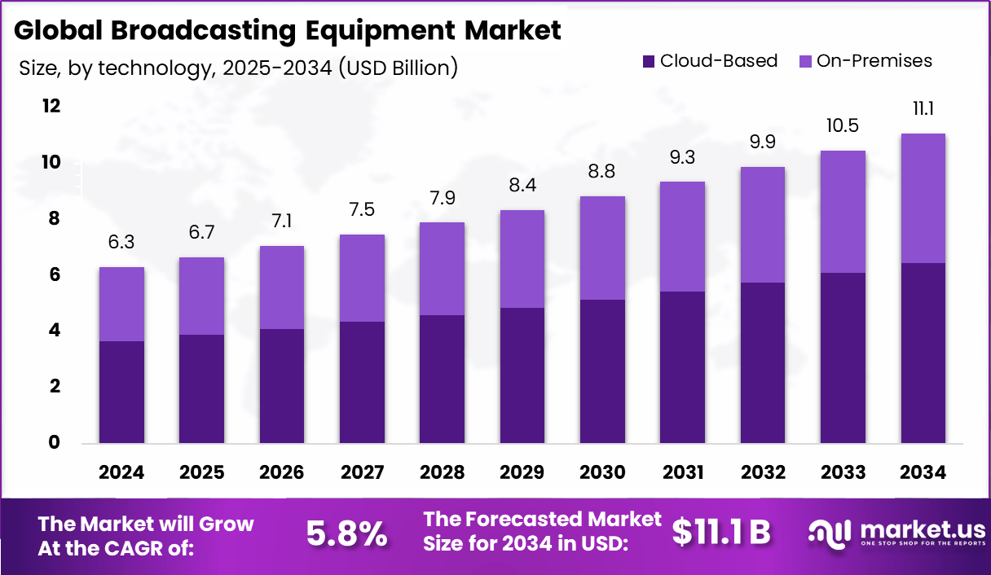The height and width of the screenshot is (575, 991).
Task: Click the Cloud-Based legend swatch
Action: pyautogui.click(x=649, y=61)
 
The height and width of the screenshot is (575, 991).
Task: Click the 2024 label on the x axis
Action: pyautogui.click(x=121, y=472)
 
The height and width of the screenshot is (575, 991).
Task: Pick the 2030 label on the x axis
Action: pyautogui.click(x=602, y=472)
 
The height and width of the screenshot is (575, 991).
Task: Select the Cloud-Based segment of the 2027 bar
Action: pyautogui.click(x=362, y=382)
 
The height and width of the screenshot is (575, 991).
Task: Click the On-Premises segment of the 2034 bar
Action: pyautogui.click(x=923, y=198)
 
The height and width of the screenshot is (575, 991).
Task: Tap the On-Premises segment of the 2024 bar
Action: pyautogui.click(x=121, y=304)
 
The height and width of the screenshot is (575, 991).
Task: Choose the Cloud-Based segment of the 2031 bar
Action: pyautogui.click(x=682, y=367)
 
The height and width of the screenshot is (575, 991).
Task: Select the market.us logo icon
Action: pyautogui.click(x=830, y=532)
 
